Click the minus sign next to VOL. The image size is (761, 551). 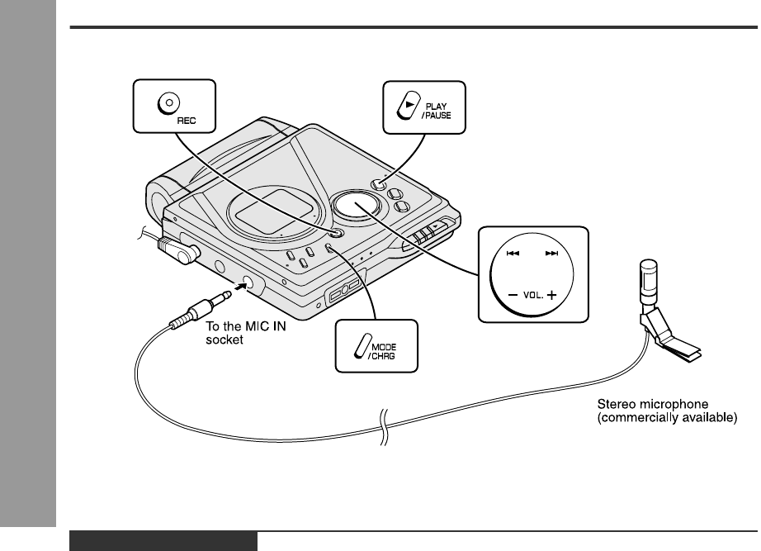pyautogui.click(x=513, y=295)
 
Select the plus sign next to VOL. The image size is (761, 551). pyautogui.click(x=551, y=295)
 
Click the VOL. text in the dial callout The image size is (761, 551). pyautogui.click(x=532, y=295)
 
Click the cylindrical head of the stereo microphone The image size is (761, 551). pyautogui.click(x=647, y=276)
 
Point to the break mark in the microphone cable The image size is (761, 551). pyautogui.click(x=382, y=428)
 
